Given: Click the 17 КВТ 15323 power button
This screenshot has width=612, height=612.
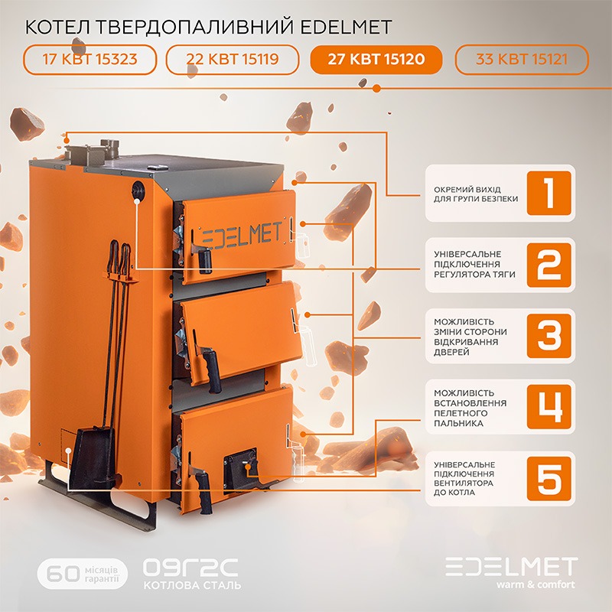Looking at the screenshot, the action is (x=90, y=60).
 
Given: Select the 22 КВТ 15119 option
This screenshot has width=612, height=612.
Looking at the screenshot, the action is (x=233, y=60).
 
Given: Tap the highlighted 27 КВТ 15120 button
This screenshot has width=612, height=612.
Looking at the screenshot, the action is (x=376, y=60).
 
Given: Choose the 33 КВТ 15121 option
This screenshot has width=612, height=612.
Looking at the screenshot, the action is (x=522, y=60).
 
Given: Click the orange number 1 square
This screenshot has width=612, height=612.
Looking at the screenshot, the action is (x=549, y=194).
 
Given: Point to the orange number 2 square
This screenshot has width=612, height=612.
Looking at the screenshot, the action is (x=549, y=265).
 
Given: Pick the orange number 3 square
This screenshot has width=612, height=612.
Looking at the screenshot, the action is (x=549, y=336).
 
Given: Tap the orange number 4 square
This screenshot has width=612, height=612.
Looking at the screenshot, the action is (x=549, y=407).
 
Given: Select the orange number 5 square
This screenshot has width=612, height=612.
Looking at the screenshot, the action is (x=549, y=479).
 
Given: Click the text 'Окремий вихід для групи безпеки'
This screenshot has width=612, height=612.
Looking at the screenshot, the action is (x=476, y=194).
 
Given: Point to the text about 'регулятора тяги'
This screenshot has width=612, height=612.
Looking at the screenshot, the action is (x=474, y=264).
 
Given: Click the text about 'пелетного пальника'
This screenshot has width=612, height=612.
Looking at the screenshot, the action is (x=470, y=408).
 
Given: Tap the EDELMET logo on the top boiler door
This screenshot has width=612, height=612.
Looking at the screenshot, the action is (x=242, y=236).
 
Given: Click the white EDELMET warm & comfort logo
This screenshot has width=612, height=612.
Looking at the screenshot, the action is (x=511, y=572).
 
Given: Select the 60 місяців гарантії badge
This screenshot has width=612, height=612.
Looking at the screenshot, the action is (x=83, y=573).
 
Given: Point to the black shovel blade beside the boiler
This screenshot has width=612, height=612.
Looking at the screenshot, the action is (x=94, y=457).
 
